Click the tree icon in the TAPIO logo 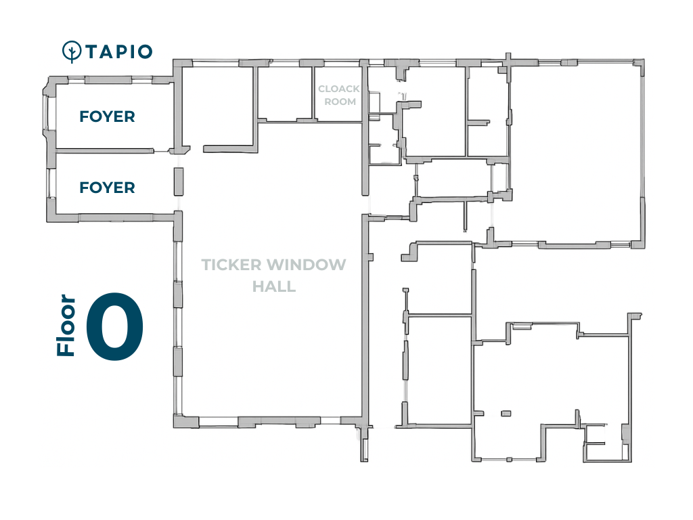pos(72,51)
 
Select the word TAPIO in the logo pos(119,51)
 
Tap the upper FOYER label pos(107,116)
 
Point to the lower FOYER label pos(107,188)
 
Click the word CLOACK pos(339,89)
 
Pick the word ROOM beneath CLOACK pos(340,102)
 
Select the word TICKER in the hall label pos(231,265)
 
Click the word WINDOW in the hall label pos(306,265)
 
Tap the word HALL pos(274,286)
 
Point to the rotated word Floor pos(66,325)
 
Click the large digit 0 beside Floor pos(115,326)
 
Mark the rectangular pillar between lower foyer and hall pos(179,181)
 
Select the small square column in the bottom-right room pos(506,414)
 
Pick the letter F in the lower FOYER pos(84,188)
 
